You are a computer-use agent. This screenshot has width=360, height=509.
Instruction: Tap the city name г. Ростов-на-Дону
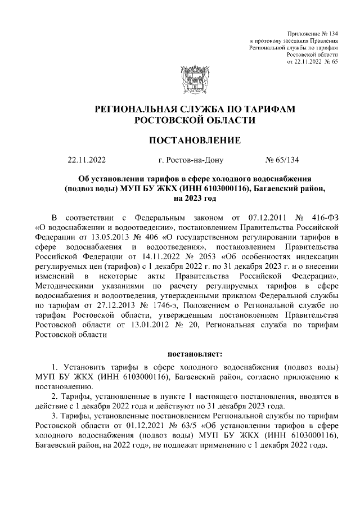click(x=191, y=160)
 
